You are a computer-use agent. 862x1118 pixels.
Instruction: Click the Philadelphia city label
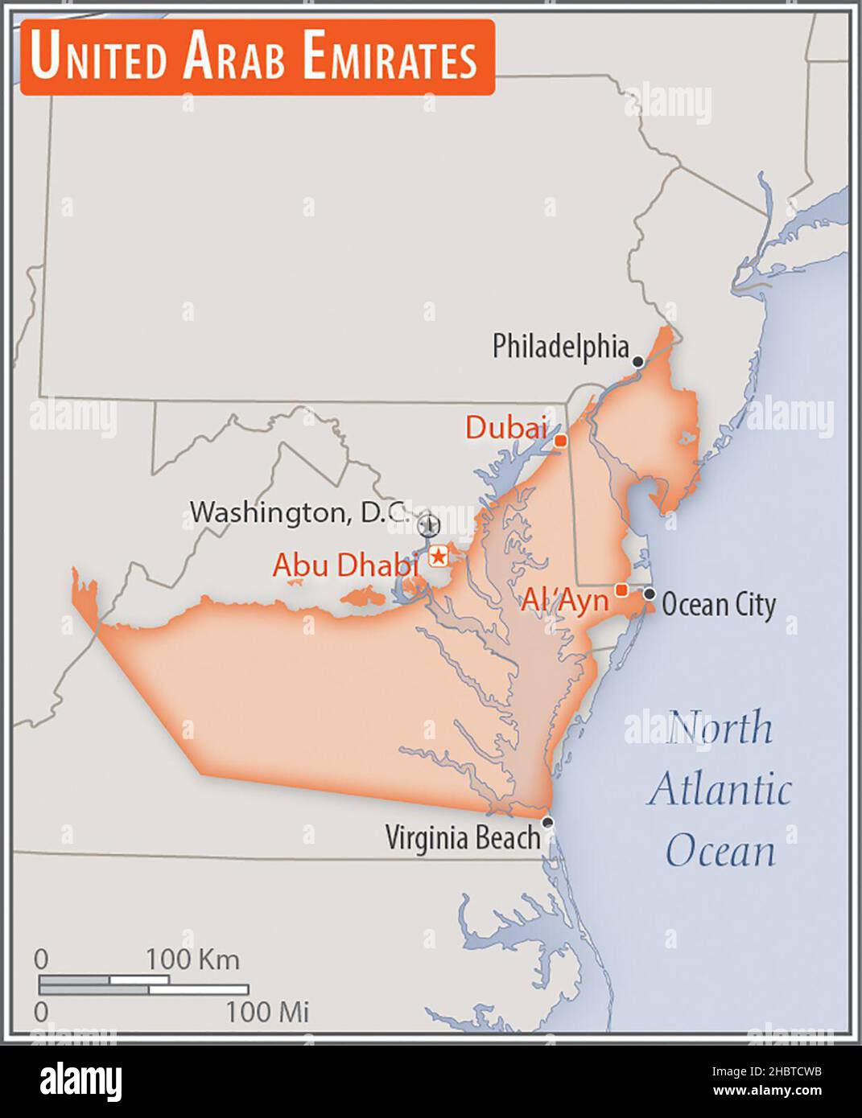(560, 347)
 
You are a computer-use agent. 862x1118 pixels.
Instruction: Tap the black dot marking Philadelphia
(638, 362)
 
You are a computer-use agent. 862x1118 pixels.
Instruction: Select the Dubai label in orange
(506, 428)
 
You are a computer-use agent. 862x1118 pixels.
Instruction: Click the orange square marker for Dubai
(561, 441)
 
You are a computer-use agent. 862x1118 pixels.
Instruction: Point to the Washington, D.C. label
(300, 512)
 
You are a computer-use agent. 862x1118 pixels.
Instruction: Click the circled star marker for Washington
(429, 525)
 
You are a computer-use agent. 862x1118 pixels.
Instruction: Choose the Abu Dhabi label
(346, 565)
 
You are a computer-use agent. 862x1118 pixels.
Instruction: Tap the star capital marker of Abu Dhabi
(439, 556)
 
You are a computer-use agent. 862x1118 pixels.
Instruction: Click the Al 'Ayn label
(565, 599)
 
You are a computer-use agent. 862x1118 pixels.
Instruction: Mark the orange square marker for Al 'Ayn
(621, 590)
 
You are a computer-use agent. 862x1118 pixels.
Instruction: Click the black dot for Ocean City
(650, 594)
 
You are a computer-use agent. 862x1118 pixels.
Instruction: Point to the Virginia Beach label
(463, 838)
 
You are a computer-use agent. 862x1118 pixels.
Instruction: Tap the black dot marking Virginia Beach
(548, 822)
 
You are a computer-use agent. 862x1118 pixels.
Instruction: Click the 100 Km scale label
(192, 959)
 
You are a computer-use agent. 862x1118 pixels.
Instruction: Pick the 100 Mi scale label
(267, 1011)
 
